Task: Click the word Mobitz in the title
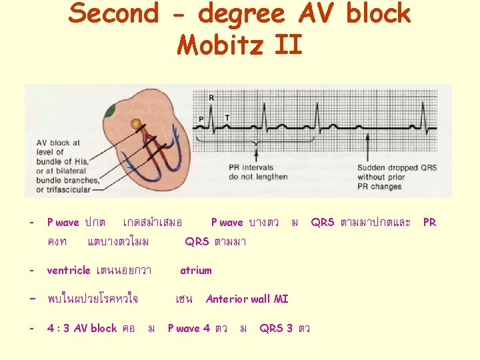(x=216, y=45)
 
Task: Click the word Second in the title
(x=114, y=13)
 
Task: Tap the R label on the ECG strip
(x=211, y=98)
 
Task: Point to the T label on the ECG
(x=227, y=118)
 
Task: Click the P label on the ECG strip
(x=201, y=119)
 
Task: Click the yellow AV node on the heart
(x=136, y=123)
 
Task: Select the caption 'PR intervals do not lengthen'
(x=258, y=172)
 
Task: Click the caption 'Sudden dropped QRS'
(x=397, y=167)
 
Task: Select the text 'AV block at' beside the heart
(x=58, y=142)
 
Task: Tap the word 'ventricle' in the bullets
(x=68, y=270)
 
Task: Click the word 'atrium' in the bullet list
(x=195, y=270)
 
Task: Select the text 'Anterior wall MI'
(x=247, y=299)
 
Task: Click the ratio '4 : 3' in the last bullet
(x=58, y=328)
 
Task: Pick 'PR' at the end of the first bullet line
(x=430, y=222)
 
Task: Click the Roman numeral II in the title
(x=287, y=45)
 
